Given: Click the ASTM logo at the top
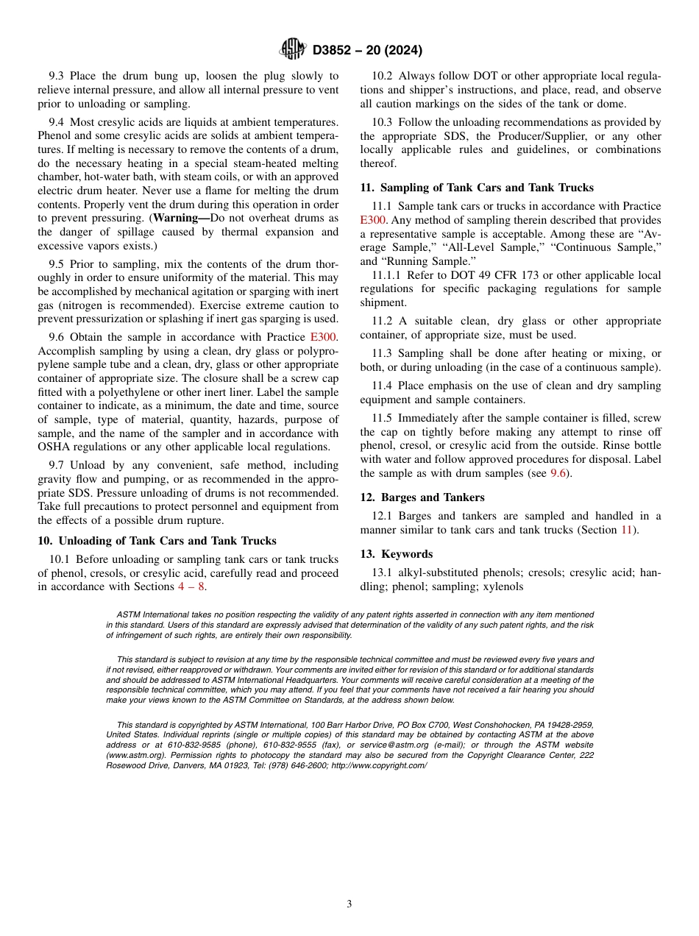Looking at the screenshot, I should pyautogui.click(x=292, y=49).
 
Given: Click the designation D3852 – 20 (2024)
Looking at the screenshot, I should pyautogui.click(x=367, y=50).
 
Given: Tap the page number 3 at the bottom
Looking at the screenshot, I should pyautogui.click(x=349, y=904).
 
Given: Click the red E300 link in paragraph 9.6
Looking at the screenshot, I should pyautogui.click(x=324, y=337).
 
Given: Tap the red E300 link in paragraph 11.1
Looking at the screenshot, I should pyautogui.click(x=374, y=220).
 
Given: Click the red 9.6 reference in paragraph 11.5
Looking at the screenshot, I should pyautogui.click(x=559, y=473).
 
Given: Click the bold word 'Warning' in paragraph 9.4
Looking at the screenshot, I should pyautogui.click(x=178, y=219).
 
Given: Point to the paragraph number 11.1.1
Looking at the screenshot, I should pyautogui.click(x=388, y=275).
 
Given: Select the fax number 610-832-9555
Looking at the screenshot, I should pyautogui.click(x=271, y=745).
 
